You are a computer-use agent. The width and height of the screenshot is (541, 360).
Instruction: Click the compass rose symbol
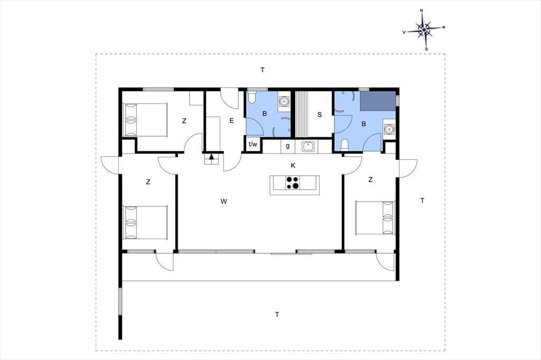point(424,30)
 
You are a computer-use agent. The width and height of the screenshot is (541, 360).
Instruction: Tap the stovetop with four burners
point(293,183)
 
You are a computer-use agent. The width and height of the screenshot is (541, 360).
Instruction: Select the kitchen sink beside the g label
point(308,147)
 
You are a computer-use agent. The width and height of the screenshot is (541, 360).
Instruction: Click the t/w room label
point(253,144)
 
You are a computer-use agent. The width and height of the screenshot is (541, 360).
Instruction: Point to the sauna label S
point(320,115)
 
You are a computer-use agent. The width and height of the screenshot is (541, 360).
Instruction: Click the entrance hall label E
point(231,121)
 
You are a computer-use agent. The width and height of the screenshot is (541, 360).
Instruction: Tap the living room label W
point(223,202)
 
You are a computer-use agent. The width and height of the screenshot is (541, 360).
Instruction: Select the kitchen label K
point(293,166)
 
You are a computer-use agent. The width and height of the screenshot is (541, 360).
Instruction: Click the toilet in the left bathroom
point(251,97)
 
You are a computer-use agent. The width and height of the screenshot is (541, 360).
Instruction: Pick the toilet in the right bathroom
point(344,146)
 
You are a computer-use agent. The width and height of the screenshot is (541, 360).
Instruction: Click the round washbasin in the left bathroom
point(284,102)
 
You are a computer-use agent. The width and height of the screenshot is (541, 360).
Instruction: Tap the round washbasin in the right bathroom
point(389,129)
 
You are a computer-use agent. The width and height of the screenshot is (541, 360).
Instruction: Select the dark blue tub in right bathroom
point(378,101)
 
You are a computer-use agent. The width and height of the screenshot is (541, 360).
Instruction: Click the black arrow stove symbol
point(211,157)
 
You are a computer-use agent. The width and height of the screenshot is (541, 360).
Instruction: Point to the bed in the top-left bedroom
point(145,120)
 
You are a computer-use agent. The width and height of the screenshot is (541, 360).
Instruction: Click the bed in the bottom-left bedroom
point(145,223)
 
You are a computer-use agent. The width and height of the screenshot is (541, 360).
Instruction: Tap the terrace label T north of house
point(263,70)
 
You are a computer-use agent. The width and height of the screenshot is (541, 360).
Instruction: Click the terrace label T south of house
point(277,315)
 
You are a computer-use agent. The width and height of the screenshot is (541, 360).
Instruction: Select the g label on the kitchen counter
point(288,146)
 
